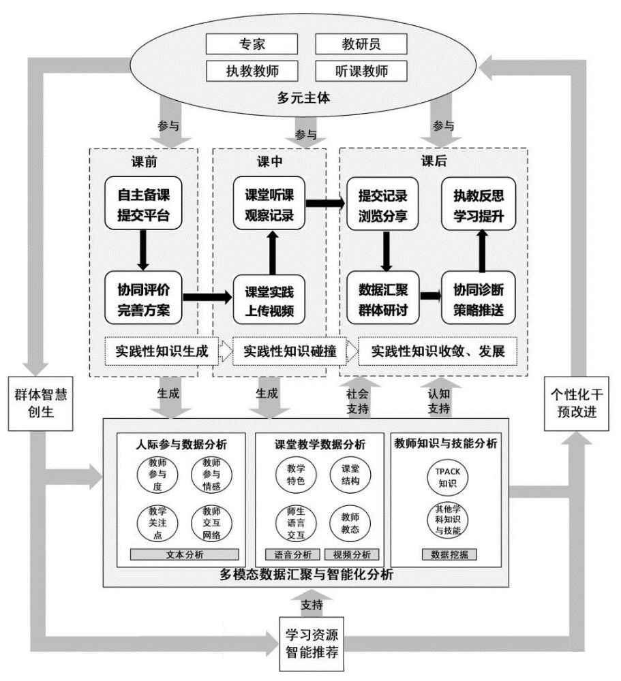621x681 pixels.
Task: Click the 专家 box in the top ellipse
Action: point(252,44)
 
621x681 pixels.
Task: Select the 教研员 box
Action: point(361,44)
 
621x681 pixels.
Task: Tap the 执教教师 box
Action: point(252,70)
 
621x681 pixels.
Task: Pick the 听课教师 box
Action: point(361,70)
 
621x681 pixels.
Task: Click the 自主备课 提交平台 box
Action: point(144,203)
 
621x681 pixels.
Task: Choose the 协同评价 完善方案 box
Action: point(144,297)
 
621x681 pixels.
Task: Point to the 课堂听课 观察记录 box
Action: point(269,203)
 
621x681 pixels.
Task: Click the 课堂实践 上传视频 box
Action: point(269,297)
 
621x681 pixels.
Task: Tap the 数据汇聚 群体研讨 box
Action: point(382,297)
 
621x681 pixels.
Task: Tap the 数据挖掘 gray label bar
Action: point(449,554)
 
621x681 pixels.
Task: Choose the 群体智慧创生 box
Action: point(40,404)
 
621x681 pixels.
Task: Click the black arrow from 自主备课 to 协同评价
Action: point(144,250)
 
